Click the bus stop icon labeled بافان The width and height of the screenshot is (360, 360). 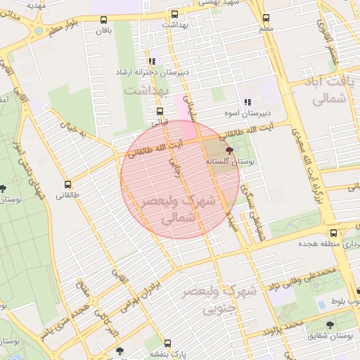pos(105,20)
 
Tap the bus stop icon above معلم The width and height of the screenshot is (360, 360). pos(266,19)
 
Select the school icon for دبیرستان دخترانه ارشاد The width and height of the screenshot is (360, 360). pos(152,61)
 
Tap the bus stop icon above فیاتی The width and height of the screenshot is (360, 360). pos(160,111)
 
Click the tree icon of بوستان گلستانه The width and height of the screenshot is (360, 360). pos(229,150)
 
